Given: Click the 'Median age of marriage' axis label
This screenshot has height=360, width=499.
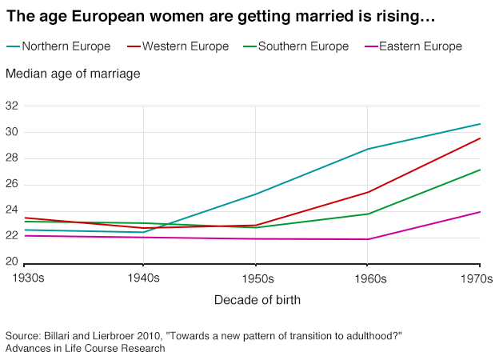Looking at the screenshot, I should (73, 74).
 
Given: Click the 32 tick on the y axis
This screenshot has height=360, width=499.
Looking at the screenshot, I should (12, 106).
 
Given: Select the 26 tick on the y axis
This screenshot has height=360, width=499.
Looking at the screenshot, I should (12, 184).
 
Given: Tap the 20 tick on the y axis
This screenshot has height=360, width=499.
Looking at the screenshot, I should (12, 262).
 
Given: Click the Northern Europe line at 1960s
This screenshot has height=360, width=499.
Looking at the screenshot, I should (368, 149).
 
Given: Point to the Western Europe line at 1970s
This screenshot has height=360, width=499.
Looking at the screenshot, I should (479, 138).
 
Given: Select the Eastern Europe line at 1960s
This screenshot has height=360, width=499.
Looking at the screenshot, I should (368, 239).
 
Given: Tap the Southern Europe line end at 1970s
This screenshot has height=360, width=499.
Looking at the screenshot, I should (479, 170).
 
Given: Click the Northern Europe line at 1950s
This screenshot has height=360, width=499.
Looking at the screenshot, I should (256, 194).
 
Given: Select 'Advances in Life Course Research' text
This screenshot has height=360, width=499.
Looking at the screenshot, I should (85, 348).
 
